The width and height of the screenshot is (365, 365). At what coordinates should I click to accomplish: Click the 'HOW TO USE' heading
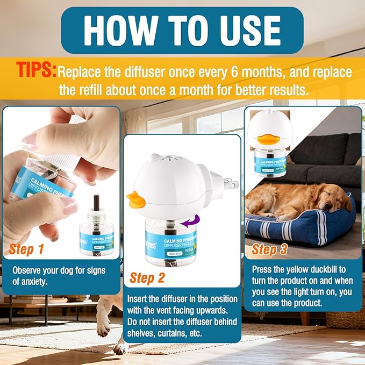click(182, 30)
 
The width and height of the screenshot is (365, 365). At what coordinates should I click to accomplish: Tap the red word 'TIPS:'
click(35, 70)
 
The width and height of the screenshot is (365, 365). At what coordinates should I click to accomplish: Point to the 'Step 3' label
click(271, 249)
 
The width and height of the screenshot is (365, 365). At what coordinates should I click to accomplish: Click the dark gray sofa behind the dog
click(323, 161)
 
